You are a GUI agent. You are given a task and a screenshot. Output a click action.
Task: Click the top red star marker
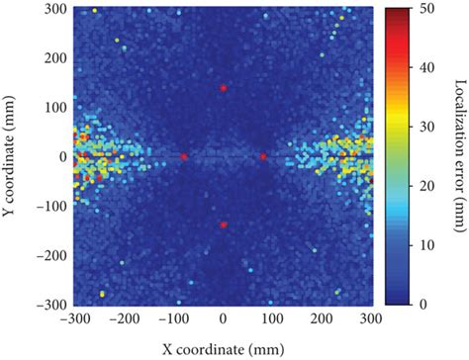click(224, 89)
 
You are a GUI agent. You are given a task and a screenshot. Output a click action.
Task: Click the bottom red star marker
click(224, 225)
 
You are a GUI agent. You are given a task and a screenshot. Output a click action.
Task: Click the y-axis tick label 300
click(55, 9)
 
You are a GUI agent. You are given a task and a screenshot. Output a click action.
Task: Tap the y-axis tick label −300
click(52, 305)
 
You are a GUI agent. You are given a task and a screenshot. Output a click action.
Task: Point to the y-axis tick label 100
click(55, 108)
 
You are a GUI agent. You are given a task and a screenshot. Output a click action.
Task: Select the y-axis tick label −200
click(52, 255)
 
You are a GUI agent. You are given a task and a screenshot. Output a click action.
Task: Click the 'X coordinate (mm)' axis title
click(224, 346)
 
